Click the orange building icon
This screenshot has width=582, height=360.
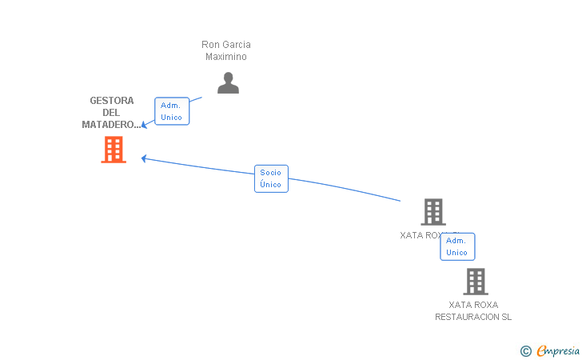pyautogui.click(x=114, y=150)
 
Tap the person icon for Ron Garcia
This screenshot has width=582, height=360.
pyautogui.click(x=228, y=83)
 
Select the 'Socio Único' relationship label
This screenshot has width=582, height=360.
pyautogui.click(x=271, y=178)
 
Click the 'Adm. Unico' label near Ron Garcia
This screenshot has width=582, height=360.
pyautogui.click(x=171, y=111)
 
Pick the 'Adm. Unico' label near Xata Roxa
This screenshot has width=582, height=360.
pyautogui.click(x=457, y=246)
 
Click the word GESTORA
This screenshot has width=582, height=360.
pyautogui.click(x=112, y=101)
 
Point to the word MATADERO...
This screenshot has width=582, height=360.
pyautogui.click(x=109, y=125)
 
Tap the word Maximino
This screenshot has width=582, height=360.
pyautogui.click(x=226, y=57)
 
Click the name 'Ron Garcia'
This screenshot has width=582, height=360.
pyautogui.click(x=226, y=45)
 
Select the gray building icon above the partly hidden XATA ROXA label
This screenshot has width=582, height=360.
pyautogui.click(x=433, y=212)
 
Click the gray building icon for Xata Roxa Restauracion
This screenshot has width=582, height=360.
pyautogui.click(x=475, y=282)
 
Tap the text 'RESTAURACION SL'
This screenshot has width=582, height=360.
pyautogui.click(x=473, y=317)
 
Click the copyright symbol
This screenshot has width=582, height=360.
pyautogui.click(x=525, y=350)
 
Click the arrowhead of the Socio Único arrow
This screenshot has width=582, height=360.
pyautogui.click(x=144, y=158)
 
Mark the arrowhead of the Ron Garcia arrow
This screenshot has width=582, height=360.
pyautogui.click(x=144, y=125)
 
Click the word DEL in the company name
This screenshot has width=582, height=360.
pyautogui.click(x=112, y=113)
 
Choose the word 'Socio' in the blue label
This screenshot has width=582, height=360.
pyautogui.click(x=271, y=173)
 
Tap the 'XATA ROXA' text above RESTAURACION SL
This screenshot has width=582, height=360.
pyautogui.click(x=473, y=305)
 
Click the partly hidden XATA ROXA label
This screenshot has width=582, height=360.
pyautogui.click(x=420, y=235)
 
